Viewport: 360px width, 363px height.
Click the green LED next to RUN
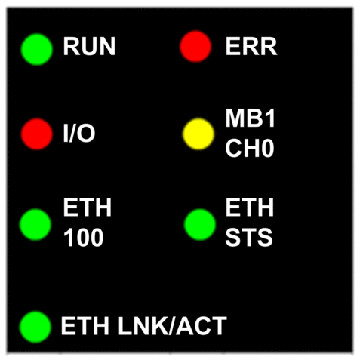[37, 50]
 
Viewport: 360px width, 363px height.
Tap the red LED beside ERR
[195, 46]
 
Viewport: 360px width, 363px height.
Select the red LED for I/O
[37, 134]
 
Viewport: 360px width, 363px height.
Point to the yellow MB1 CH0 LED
[198, 134]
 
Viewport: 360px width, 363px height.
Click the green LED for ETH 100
[35, 225]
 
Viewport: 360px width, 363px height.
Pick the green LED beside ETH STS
[200, 225]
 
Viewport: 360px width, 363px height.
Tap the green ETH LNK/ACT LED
[35, 327]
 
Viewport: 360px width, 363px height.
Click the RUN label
[89, 46]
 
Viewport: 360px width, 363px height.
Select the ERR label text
[251, 46]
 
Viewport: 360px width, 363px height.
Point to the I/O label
[79, 134]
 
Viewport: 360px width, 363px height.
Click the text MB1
[250, 118]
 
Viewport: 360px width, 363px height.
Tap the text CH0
[250, 149]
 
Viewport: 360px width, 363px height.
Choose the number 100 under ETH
[83, 238]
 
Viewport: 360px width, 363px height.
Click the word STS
[249, 238]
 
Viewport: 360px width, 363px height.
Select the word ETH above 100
[87, 208]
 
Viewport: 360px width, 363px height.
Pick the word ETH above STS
[249, 208]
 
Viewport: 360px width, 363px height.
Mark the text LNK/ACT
[173, 326]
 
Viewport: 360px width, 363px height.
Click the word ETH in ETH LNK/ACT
[85, 326]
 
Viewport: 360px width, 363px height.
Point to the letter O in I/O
[86, 134]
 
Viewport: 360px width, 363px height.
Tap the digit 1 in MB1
[270, 118]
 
